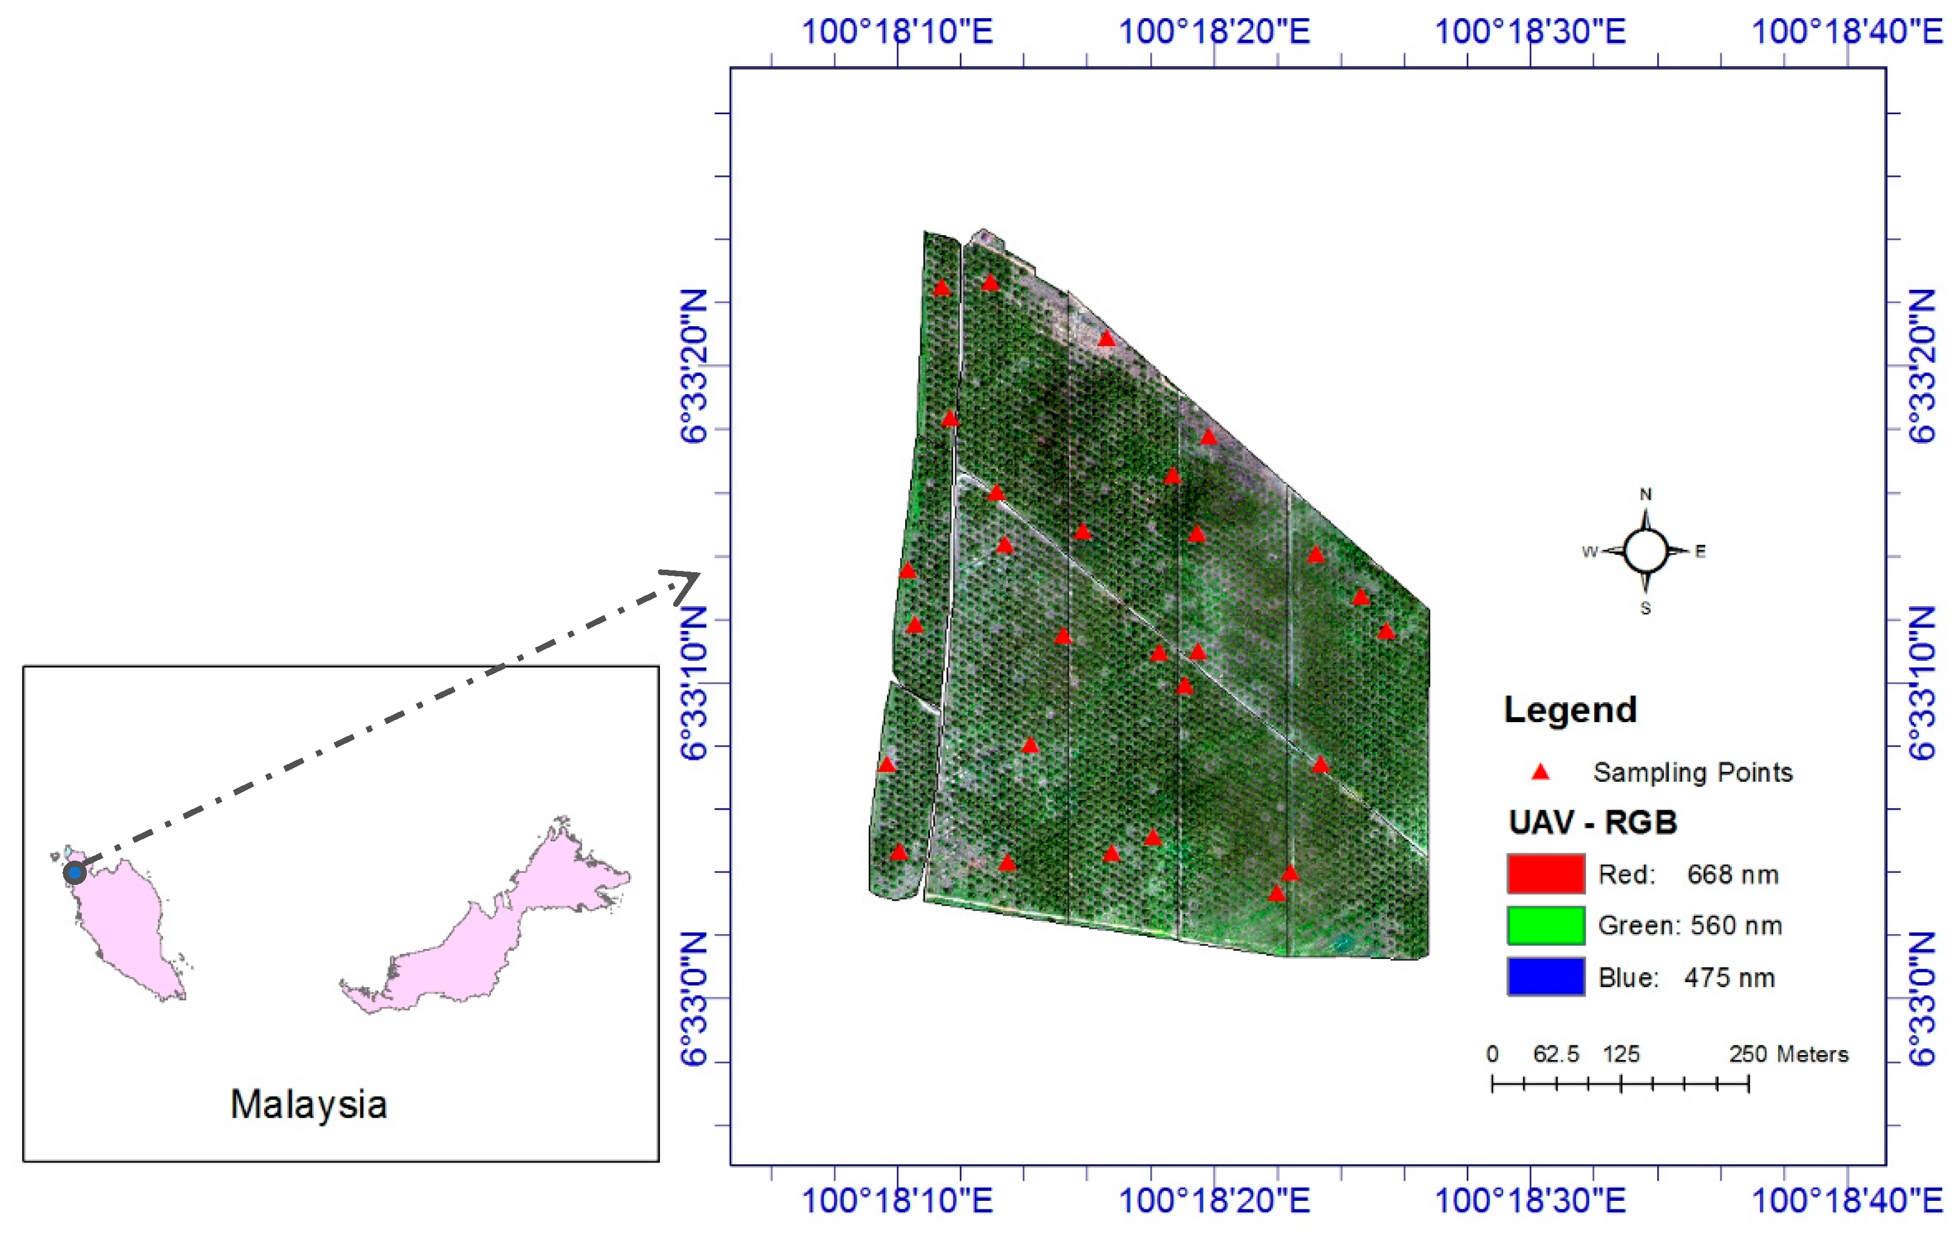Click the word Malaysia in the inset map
tap(308, 1105)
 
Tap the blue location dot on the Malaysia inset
tap(75, 873)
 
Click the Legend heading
tap(1570, 709)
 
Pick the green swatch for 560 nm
tap(1545, 925)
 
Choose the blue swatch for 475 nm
tap(1545, 977)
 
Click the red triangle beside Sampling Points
tap(1540, 772)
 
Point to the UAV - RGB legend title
tap(1593, 822)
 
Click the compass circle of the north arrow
tap(1645, 551)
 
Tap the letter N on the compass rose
tap(1645, 494)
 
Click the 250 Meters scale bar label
tap(1788, 1054)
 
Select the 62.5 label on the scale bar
tap(1555, 1054)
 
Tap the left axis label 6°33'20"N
tap(694, 366)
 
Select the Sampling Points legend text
tap(1692, 772)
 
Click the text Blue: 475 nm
tap(1686, 977)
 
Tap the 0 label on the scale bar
tap(1492, 1054)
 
